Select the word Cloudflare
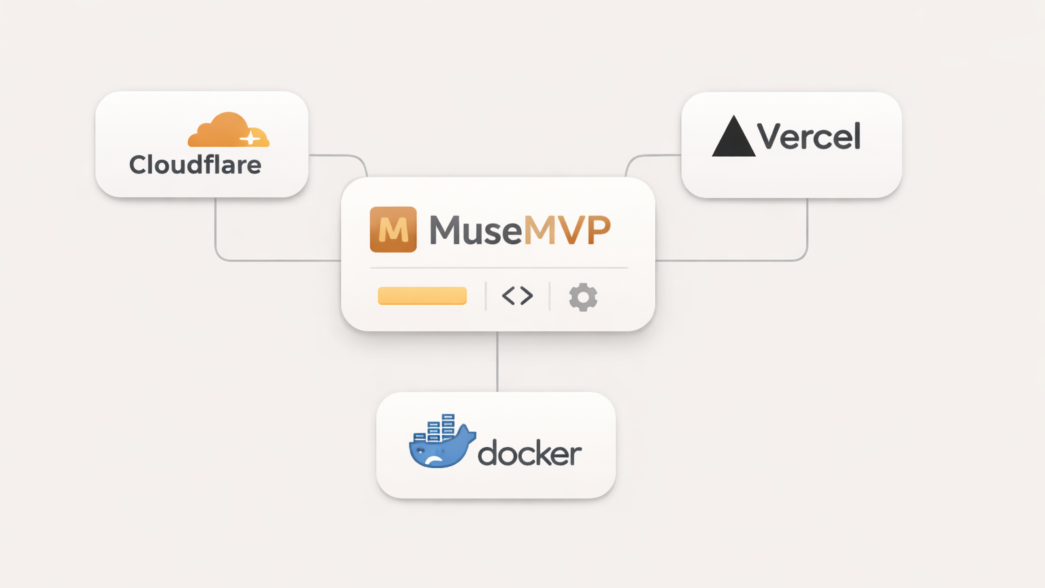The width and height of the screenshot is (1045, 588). coord(195,165)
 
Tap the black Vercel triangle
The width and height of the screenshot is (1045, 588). coord(733,138)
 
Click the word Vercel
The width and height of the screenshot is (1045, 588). coord(809,137)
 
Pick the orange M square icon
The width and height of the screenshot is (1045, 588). coord(393,229)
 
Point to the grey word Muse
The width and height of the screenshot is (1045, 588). coord(475,230)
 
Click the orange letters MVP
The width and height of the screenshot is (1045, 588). coord(567,230)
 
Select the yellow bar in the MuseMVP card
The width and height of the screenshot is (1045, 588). coord(422,296)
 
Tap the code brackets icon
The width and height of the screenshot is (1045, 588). coord(517,295)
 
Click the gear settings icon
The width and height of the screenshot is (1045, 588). coord(583,297)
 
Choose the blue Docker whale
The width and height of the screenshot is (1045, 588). coord(439,449)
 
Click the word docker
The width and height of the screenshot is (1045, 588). coord(529,453)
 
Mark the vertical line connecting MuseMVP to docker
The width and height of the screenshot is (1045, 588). coord(497,361)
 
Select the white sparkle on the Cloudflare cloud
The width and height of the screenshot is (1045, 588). coord(250,138)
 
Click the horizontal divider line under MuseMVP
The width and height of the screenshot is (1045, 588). coord(499,268)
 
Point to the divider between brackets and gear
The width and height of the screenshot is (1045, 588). coord(550,296)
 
